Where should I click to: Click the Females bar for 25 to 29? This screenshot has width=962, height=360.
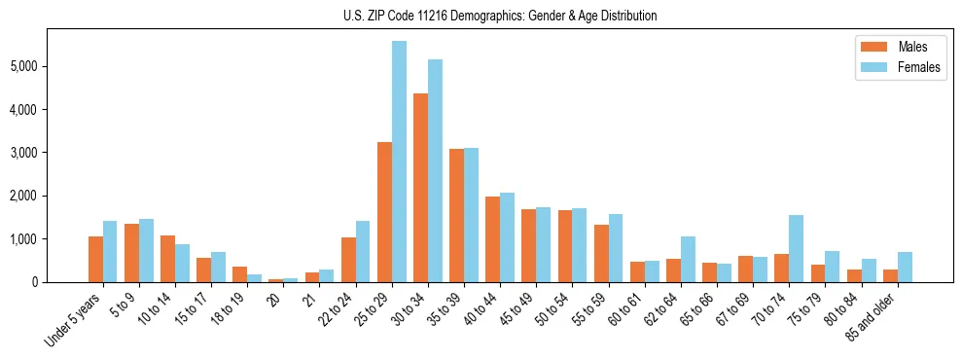[399, 162]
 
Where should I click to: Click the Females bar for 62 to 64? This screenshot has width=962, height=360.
[689, 259]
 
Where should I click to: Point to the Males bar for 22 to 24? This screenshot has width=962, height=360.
[348, 260]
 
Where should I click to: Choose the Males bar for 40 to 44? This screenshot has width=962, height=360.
[492, 239]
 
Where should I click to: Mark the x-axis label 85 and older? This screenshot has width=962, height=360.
[872, 319]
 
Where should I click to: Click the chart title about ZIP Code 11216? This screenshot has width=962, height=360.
[500, 16]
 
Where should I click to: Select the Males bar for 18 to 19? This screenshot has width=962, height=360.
[239, 274]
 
